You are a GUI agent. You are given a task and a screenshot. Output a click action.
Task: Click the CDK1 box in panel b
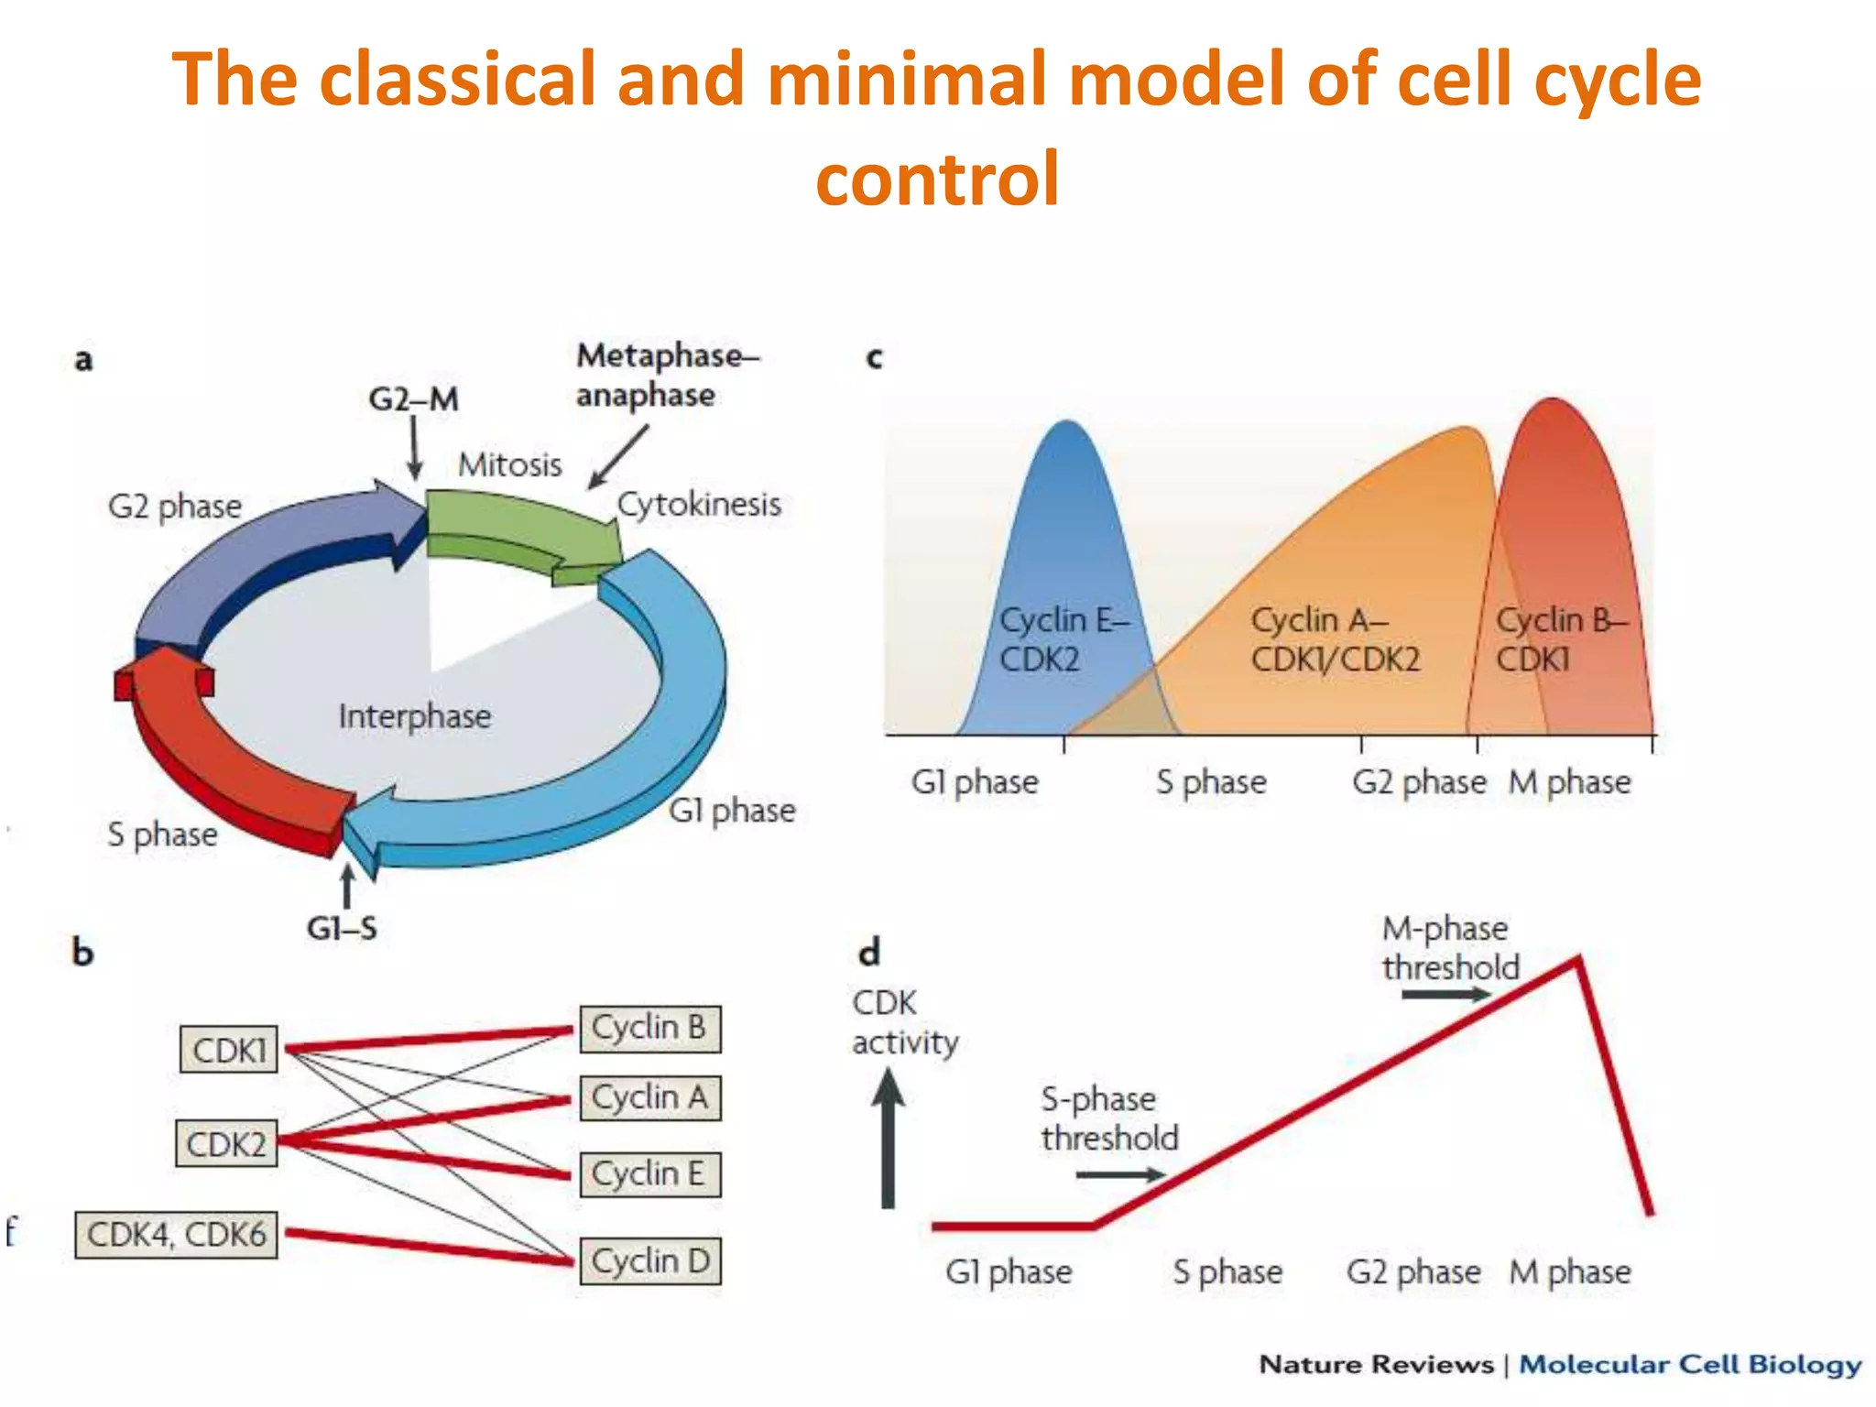pos(229,1050)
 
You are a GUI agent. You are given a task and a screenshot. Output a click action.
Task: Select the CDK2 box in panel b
pos(226,1144)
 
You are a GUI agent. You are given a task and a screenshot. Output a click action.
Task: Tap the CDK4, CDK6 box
pos(176,1235)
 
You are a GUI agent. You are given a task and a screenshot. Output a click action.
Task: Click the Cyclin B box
pos(649,1028)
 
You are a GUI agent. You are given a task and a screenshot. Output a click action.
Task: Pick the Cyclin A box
pos(649,1097)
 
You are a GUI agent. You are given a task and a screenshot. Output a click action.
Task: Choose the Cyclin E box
pos(649,1174)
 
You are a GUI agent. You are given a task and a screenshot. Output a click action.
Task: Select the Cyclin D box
pos(649,1261)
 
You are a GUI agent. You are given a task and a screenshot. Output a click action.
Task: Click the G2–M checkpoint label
pos(413,399)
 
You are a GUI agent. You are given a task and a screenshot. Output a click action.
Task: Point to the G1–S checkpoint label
pos(342,929)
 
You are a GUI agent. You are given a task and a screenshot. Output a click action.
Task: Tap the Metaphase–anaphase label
pos(667,376)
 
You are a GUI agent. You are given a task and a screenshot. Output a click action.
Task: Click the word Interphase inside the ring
pos(415,716)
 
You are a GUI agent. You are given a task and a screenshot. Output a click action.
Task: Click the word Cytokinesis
pos(699,505)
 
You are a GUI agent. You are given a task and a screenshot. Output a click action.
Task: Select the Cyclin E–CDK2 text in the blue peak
pos(1063,639)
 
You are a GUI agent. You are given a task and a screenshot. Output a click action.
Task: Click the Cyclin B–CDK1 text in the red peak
pos(1560,639)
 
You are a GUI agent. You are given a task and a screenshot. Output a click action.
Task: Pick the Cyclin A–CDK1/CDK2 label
pos(1335,639)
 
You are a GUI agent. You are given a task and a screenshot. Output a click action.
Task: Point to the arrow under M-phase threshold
pos(1445,995)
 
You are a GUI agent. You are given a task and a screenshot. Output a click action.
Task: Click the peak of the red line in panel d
pos(1576,960)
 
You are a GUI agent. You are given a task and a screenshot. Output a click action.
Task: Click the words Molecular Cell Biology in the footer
pos(1690,1365)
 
